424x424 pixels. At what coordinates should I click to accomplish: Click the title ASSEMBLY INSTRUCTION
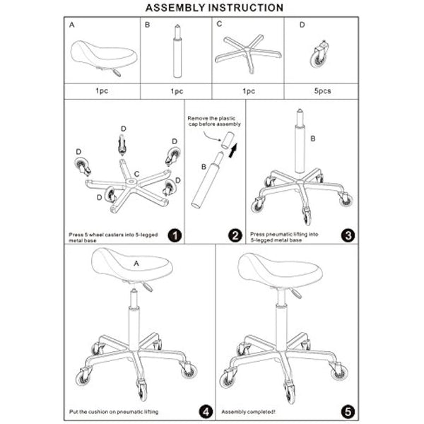(x=214, y=8)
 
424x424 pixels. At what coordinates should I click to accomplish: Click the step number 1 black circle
(x=175, y=235)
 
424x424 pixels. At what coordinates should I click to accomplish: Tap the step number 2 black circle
(x=235, y=235)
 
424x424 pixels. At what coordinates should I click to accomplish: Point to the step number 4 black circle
(x=206, y=411)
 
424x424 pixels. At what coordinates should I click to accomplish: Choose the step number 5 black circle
(x=348, y=411)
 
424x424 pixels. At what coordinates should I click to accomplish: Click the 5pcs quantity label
(x=320, y=90)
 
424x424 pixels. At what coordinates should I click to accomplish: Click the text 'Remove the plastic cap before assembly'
(x=214, y=121)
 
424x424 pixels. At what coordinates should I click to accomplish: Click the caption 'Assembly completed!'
(x=249, y=411)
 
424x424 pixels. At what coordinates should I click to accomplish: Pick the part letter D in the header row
(x=302, y=25)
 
